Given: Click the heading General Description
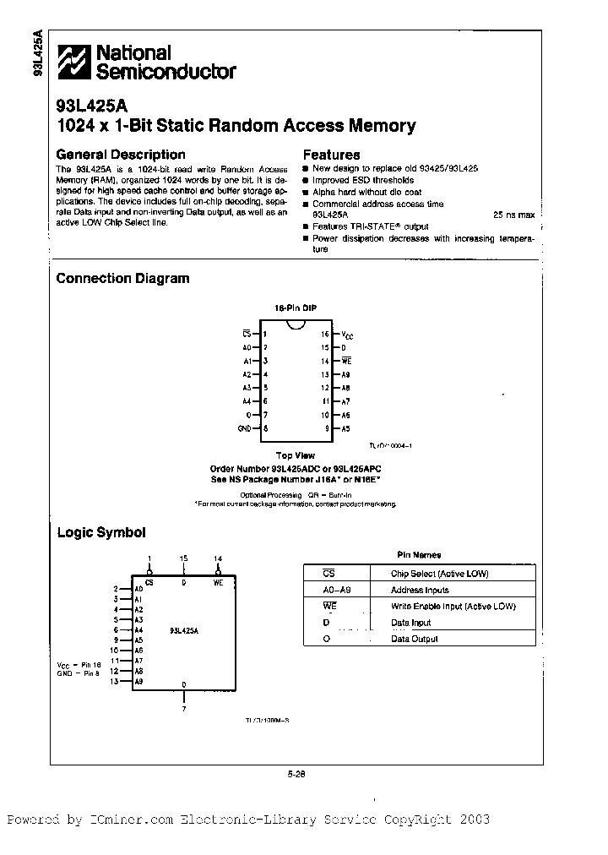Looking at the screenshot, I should pyautogui.click(x=120, y=155).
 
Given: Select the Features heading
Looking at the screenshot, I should pyautogui.click(x=331, y=155).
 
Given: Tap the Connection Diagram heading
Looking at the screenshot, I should pyautogui.click(x=122, y=278).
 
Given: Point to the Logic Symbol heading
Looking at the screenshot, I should pyautogui.click(x=100, y=532).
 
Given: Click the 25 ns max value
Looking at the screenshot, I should pyautogui.click(x=513, y=215).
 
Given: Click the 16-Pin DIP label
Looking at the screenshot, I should pyautogui.click(x=295, y=309).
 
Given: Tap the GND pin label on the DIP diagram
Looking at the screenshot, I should pyautogui.click(x=245, y=429).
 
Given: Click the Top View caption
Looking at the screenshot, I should pyautogui.click(x=295, y=455).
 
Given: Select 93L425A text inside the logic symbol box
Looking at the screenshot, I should pyautogui.click(x=185, y=630).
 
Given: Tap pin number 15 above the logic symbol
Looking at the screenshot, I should pyautogui.click(x=184, y=558).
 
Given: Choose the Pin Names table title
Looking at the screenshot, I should pyautogui.click(x=419, y=555).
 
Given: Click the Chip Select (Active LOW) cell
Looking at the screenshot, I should pyautogui.click(x=439, y=574).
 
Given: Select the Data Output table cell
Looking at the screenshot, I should pyautogui.click(x=414, y=639).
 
